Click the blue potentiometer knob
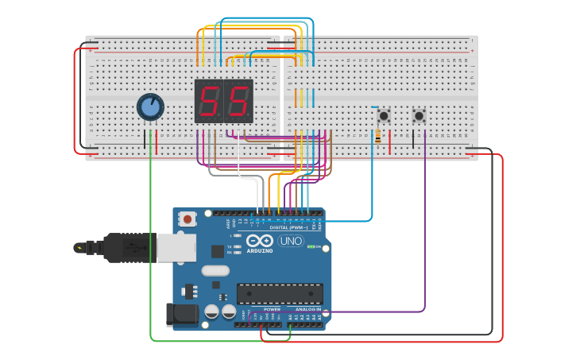tap(150, 106)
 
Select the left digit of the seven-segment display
tap(209, 101)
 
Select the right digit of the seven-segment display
tap(238, 101)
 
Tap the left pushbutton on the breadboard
tap(384, 116)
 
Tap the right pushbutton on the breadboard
tap(419, 116)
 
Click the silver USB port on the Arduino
tap(176, 247)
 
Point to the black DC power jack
tap(181, 315)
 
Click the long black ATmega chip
tap(280, 293)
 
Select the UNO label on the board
tap(290, 241)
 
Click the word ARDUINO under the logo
tap(259, 251)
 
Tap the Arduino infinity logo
tap(259, 241)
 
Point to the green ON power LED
tap(311, 247)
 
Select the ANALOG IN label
tap(308, 309)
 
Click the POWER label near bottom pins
tap(272, 309)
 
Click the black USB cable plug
tap(119, 248)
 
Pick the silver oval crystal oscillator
tap(215, 270)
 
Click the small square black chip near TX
tap(217, 251)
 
